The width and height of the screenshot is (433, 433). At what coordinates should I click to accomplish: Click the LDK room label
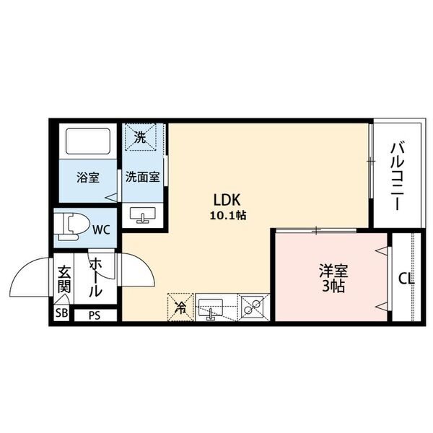227,200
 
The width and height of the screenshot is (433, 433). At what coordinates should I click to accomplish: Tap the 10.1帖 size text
228,215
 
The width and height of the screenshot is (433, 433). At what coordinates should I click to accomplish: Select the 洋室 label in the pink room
333,271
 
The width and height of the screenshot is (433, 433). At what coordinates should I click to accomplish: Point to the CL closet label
406,279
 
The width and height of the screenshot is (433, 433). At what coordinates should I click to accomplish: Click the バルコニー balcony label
397,177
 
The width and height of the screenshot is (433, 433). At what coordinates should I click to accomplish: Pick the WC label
101,229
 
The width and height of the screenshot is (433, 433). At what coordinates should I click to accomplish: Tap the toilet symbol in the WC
72,227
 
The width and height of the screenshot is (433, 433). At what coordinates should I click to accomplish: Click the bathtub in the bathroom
88,141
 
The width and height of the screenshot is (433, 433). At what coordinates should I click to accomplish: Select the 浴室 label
88,178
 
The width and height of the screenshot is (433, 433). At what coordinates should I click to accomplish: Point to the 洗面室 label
143,177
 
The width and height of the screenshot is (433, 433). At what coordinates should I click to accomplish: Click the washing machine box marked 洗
141,137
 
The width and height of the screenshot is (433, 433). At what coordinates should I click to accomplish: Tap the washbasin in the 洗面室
143,215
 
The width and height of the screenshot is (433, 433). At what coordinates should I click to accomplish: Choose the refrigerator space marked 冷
180,307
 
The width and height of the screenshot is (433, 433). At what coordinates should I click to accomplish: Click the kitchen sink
211,308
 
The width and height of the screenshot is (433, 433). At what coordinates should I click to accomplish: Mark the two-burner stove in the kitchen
253,307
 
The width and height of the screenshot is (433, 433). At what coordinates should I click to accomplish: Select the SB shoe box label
61,313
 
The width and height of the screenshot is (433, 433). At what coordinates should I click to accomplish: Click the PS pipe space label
95,315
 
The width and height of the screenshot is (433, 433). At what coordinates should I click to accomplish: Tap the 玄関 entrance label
64,279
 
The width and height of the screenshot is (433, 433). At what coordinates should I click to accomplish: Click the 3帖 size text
333,286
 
